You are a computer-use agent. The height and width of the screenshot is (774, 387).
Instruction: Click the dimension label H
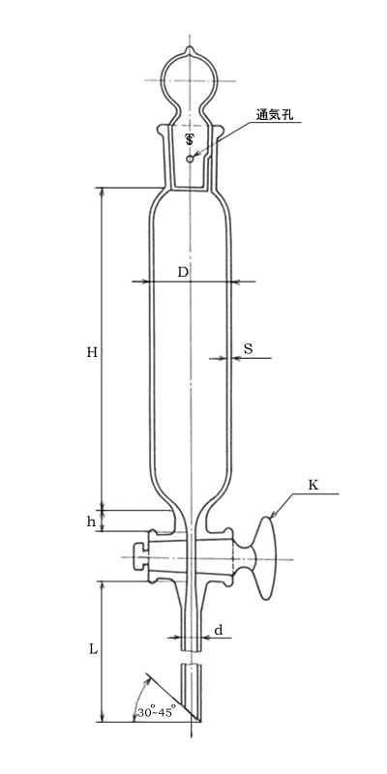coord(92,352)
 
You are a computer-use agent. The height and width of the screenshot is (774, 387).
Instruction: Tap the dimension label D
coord(183,272)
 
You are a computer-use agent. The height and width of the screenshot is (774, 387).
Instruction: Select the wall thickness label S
coord(249,349)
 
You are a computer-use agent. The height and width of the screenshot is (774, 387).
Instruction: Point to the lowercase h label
coord(91,522)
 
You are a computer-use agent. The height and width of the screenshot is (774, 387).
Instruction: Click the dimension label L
coord(93,649)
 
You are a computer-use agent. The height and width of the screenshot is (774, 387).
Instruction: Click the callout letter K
coord(313,486)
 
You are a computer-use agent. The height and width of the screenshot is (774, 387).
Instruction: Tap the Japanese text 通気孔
coord(275,114)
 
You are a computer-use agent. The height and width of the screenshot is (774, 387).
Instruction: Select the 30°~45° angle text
coord(157,713)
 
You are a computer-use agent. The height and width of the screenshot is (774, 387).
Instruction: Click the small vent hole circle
coord(190,159)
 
